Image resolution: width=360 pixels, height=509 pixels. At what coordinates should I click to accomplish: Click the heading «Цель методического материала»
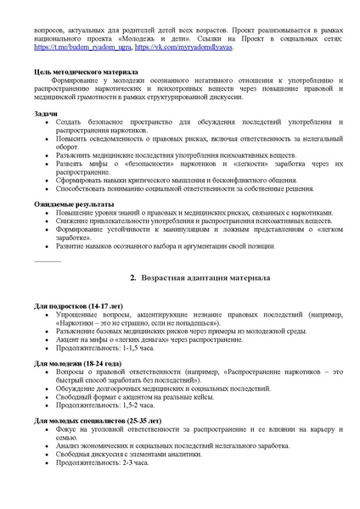82,73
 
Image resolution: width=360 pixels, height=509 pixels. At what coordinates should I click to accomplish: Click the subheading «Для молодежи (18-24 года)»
77,363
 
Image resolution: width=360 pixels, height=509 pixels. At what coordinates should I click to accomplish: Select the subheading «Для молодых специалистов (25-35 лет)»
96,421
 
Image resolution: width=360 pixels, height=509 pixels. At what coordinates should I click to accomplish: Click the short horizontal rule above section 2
48,260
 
